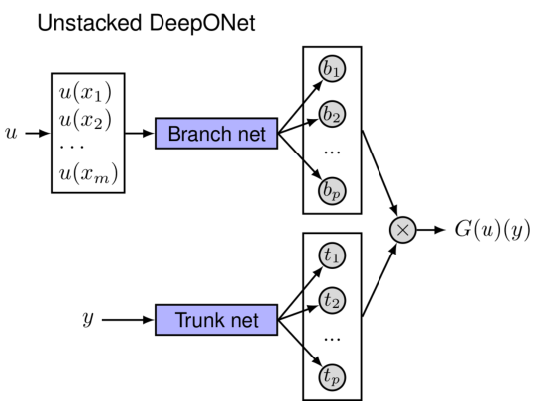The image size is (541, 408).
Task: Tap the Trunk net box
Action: coord(216,320)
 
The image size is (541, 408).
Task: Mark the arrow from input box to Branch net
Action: coord(142,134)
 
